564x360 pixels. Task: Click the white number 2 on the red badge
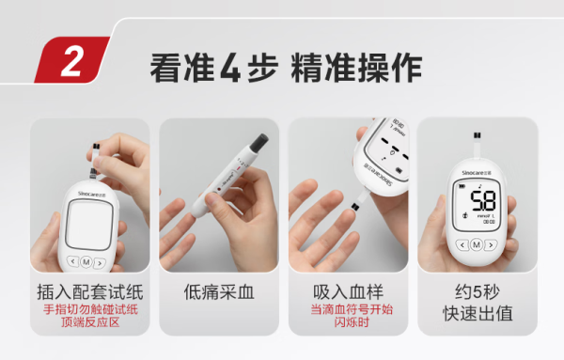[x=72, y=61]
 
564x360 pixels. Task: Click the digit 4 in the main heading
[x=230, y=69]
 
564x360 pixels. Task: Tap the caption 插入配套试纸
[x=90, y=291]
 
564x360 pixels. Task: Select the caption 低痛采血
[x=219, y=291]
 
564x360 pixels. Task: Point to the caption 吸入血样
[x=348, y=291]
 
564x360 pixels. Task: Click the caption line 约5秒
[x=478, y=291]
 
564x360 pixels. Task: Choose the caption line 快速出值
[x=478, y=313]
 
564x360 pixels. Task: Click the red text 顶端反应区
[x=90, y=322]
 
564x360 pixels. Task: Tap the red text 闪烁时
[x=352, y=322]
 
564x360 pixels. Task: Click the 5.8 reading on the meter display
[x=483, y=201]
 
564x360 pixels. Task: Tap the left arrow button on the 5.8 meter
[x=462, y=245]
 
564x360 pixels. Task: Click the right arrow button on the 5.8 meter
[x=491, y=245]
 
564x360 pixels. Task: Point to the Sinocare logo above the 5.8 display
[x=477, y=173]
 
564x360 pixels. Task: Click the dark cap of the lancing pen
[x=258, y=142]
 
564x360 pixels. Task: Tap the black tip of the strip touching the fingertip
[x=354, y=207]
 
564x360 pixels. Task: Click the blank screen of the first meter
[x=89, y=225]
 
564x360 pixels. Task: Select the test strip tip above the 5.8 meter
[x=478, y=135]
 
